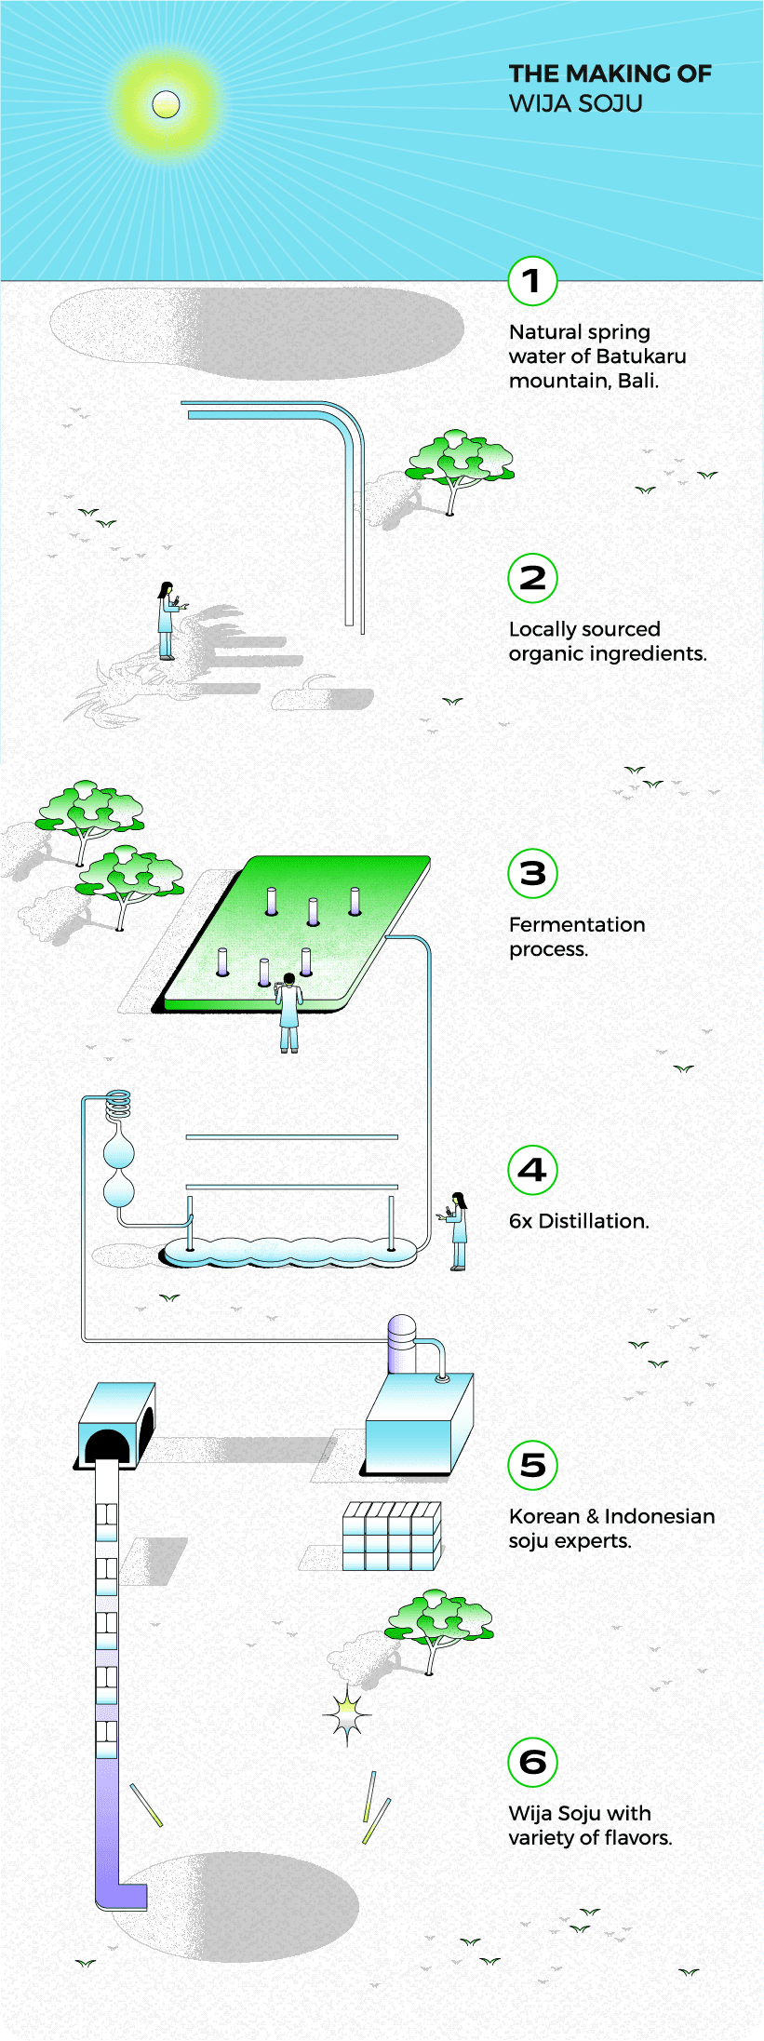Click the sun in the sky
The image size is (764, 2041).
(x=166, y=104)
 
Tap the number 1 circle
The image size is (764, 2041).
(x=532, y=281)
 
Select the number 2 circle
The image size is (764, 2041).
(x=532, y=578)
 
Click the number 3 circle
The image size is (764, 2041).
(x=532, y=874)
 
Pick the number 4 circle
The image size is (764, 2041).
(x=532, y=1170)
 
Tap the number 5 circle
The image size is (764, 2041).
(x=532, y=1465)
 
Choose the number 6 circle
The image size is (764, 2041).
(x=532, y=1761)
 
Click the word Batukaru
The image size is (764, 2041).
(x=640, y=356)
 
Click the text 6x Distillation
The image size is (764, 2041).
(x=578, y=1221)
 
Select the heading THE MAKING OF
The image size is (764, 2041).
(x=610, y=74)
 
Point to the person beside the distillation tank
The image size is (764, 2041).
(x=457, y=1230)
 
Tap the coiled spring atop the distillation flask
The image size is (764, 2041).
(x=118, y=1105)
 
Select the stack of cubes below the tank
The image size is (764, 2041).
(x=391, y=1536)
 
